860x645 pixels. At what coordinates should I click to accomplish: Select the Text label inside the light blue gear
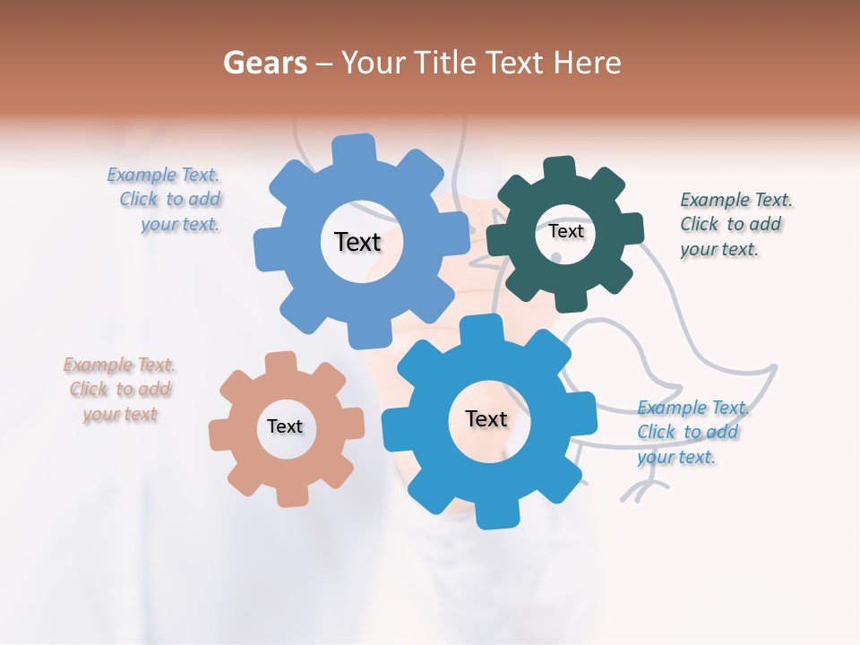pos(357,242)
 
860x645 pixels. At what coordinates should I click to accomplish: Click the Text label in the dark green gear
pos(566,231)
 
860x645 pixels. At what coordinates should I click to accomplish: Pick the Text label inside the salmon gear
pos(285,427)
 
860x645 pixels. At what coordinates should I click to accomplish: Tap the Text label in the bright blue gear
pos(486,419)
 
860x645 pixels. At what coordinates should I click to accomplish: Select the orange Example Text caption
pos(120,390)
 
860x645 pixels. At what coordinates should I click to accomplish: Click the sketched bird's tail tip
pos(772,367)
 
